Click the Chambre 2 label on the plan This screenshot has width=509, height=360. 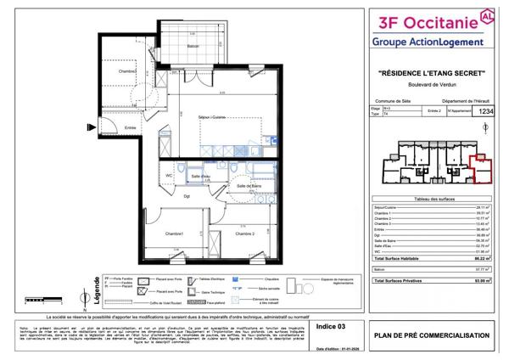point(246,233)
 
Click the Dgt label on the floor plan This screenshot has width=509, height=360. point(187,195)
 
